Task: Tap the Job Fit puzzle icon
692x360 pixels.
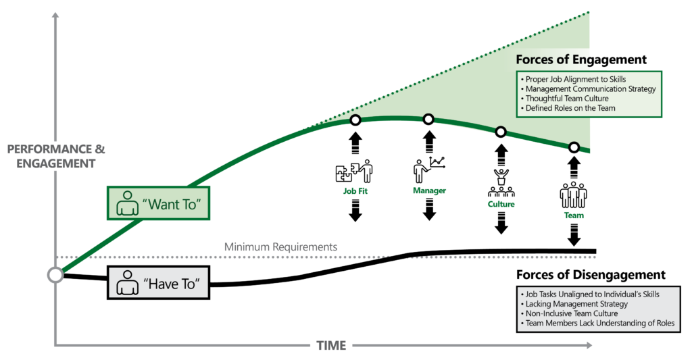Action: pyautogui.click(x=353, y=172)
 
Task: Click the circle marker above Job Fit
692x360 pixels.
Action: pyautogui.click(x=355, y=120)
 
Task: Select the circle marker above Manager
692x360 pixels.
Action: pyautogui.click(x=428, y=120)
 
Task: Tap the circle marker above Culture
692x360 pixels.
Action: pyautogui.click(x=501, y=132)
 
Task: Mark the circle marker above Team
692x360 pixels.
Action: pyautogui.click(x=574, y=147)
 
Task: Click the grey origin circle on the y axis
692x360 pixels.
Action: pyautogui.click(x=55, y=275)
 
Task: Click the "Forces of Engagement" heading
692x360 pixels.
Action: pyautogui.click(x=581, y=60)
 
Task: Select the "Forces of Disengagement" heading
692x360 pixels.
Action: pyautogui.click(x=591, y=275)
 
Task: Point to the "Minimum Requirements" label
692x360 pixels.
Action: pyautogui.click(x=280, y=247)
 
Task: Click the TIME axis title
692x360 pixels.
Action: pyautogui.click(x=331, y=346)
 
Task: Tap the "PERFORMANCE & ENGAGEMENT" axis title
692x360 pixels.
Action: pyautogui.click(x=56, y=156)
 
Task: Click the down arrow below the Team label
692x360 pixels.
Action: pyautogui.click(x=574, y=234)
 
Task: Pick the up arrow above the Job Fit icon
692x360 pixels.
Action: pyautogui.click(x=355, y=144)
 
